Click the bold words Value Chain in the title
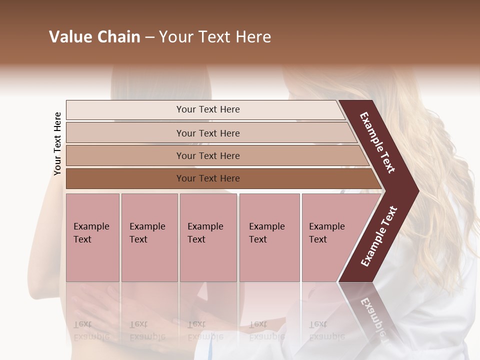click(94, 37)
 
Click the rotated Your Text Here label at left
click(57, 143)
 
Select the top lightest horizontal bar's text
click(208, 109)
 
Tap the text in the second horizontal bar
click(208, 133)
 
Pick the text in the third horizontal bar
click(208, 156)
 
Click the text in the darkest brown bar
click(208, 178)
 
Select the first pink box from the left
click(92, 237)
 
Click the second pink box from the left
click(149, 237)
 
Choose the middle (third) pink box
click(208, 237)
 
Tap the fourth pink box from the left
click(269, 237)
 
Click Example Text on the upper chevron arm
click(377, 142)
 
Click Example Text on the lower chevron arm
click(378, 236)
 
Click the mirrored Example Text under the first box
click(91, 330)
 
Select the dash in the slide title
click(149, 37)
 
